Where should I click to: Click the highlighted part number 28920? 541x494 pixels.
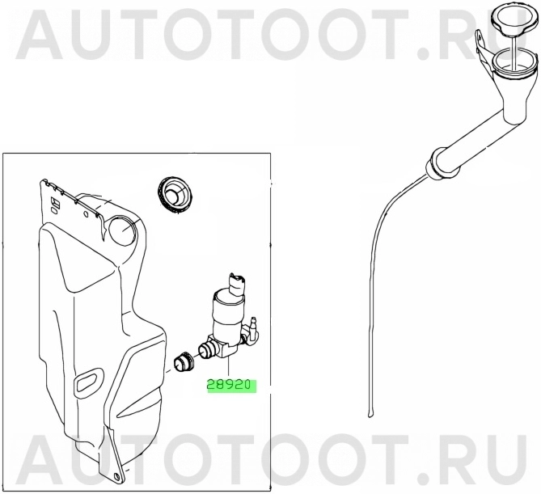pos(230,386)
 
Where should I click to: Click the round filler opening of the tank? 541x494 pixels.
pos(124,230)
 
